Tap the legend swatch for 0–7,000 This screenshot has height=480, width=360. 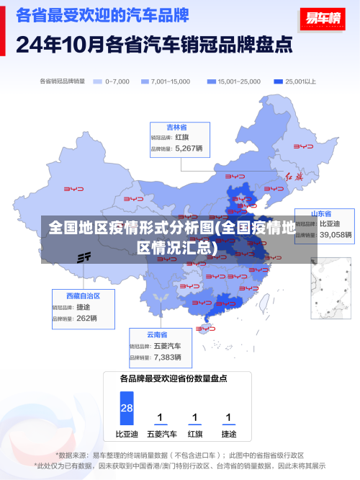pyautogui.click(x=98, y=81)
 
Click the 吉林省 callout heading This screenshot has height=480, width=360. pyautogui.click(x=177, y=127)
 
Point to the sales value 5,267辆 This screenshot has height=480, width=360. pyautogui.click(x=189, y=148)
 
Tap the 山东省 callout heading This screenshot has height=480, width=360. pyautogui.click(x=321, y=213)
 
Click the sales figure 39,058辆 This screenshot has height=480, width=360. pyautogui.click(x=336, y=234)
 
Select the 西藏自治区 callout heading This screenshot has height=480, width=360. pyautogui.click(x=83, y=295)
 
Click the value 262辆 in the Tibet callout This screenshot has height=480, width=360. pyautogui.click(x=86, y=318)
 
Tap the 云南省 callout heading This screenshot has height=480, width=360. pyautogui.click(x=157, y=334)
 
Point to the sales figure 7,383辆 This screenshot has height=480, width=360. pyautogui.click(x=168, y=357)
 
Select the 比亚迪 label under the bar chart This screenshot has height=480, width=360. pyautogui.click(x=127, y=434)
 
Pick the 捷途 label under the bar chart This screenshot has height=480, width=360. pyautogui.click(x=228, y=434)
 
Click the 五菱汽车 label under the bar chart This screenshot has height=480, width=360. pyautogui.click(x=161, y=434)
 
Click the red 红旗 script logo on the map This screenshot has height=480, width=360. pyautogui.click(x=295, y=176)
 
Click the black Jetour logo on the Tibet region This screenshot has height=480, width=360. pyautogui.click(x=84, y=257)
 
